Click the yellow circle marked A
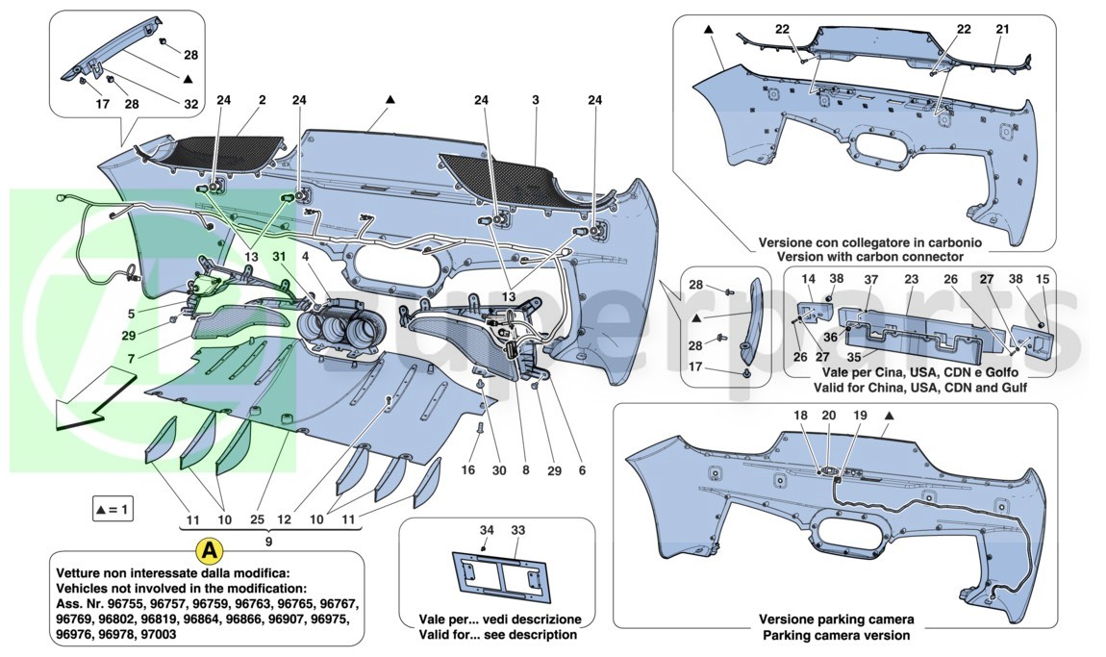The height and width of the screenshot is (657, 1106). (x=208, y=551)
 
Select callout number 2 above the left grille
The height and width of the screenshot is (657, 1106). (x=261, y=99)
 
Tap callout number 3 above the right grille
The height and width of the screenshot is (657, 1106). (x=535, y=99)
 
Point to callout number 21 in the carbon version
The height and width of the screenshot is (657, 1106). (x=1002, y=30)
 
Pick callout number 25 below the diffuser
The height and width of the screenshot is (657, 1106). (x=256, y=520)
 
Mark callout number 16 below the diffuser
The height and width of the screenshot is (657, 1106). (x=468, y=471)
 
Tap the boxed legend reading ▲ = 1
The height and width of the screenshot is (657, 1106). (x=113, y=510)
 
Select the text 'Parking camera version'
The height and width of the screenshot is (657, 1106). (x=836, y=635)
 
